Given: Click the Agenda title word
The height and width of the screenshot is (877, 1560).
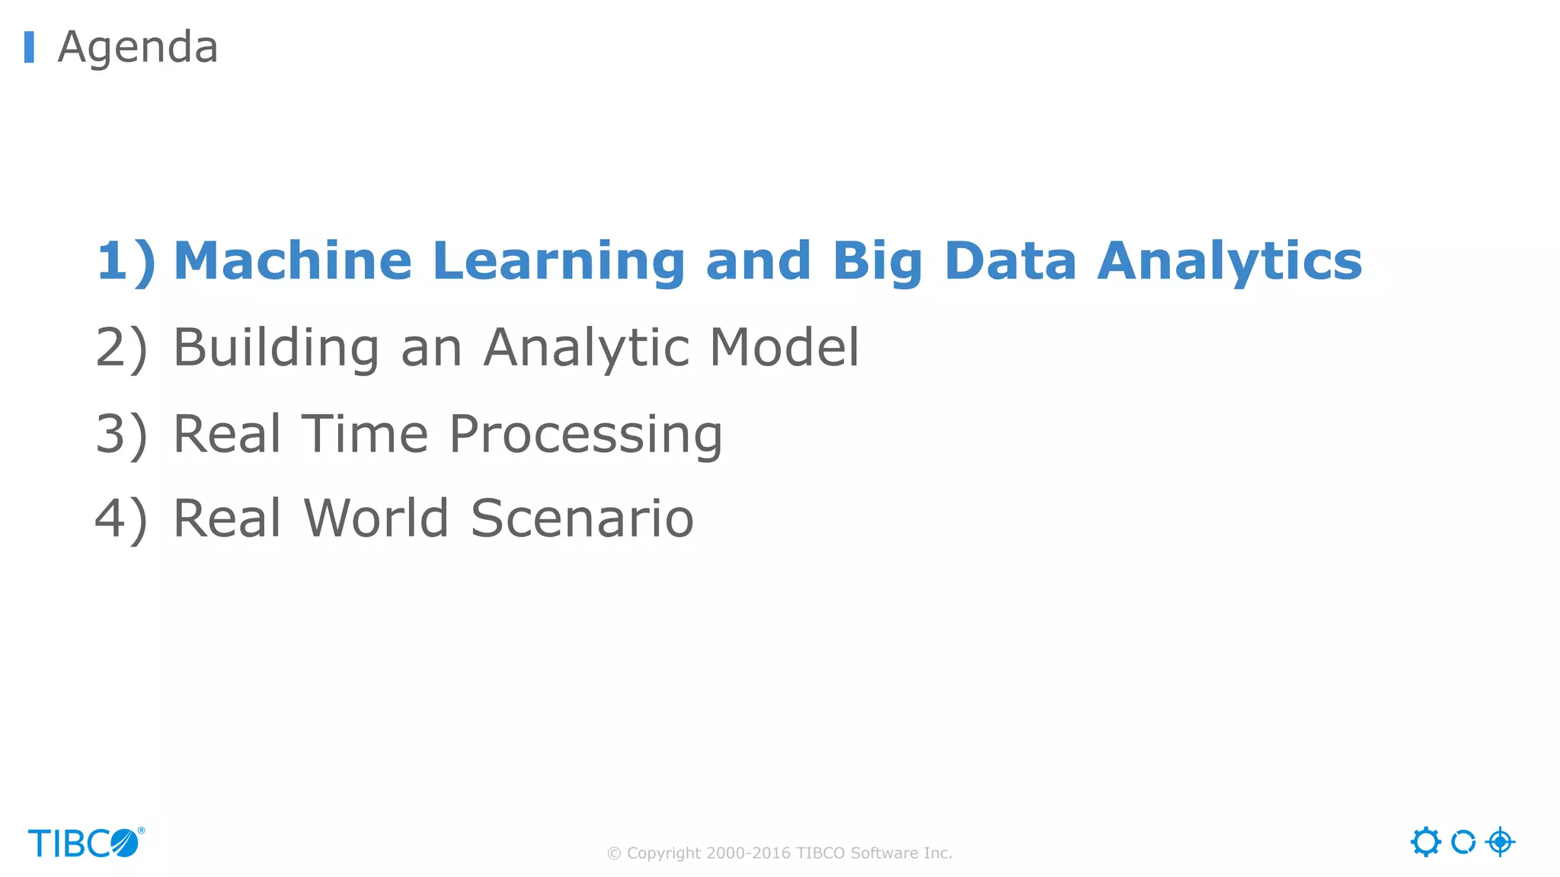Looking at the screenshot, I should tap(138, 47).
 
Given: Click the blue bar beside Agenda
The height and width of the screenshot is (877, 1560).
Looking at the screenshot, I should tap(29, 47).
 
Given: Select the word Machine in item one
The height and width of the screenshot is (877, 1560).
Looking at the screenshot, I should tap(293, 261).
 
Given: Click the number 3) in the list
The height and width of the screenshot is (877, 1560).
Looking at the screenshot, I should tap(121, 435).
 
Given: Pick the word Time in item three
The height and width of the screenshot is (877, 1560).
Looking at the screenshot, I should tap(365, 434).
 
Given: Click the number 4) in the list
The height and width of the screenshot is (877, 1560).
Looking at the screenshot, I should tap(121, 519).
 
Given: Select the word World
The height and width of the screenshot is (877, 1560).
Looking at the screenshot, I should tap(376, 518).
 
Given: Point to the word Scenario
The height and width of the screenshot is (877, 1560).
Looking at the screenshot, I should tap(582, 518).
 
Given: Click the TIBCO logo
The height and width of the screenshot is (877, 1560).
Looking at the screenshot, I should tap(85, 844).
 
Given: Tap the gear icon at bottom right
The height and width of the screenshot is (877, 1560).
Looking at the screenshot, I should tap(1425, 842).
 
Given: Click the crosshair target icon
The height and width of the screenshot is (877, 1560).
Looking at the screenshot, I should tap(1500, 842).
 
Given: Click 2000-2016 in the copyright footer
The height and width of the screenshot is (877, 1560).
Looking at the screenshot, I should tap(748, 853).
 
